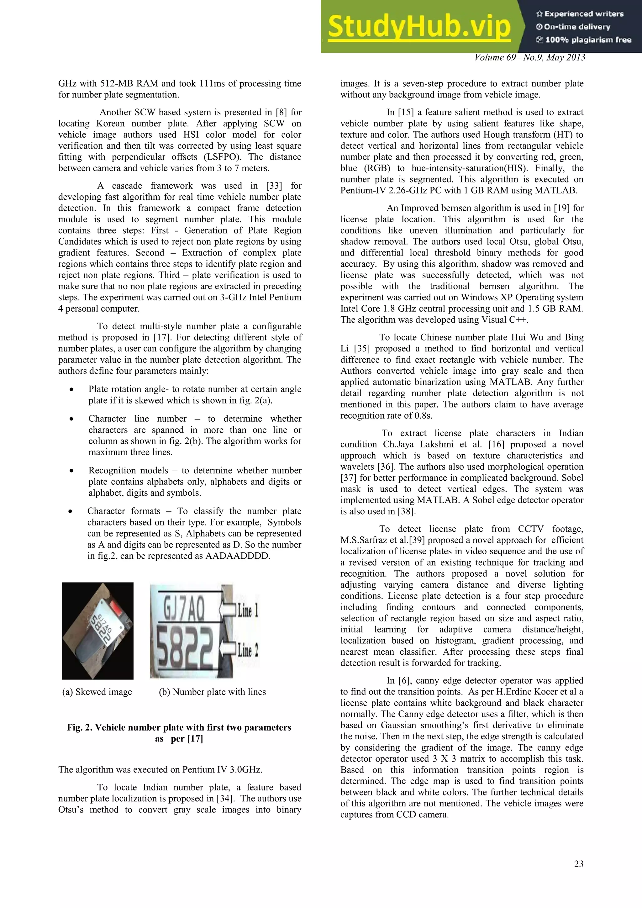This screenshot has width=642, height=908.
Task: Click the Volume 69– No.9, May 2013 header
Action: (x=529, y=58)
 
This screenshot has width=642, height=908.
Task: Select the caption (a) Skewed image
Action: (x=97, y=692)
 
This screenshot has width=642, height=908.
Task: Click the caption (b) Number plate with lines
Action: (x=212, y=692)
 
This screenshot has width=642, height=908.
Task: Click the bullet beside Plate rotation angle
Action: (x=71, y=389)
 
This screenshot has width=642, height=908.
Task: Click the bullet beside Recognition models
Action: (x=71, y=471)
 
